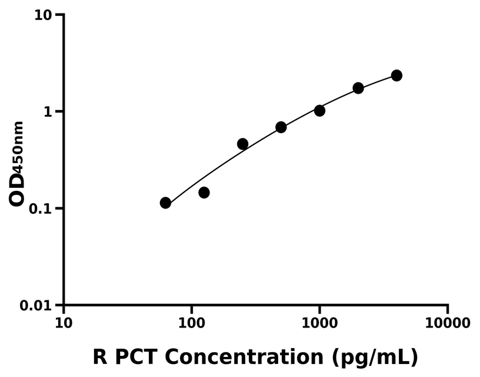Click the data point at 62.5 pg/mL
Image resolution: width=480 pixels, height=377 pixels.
click(165, 203)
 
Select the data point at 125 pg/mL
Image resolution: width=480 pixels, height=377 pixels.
click(204, 193)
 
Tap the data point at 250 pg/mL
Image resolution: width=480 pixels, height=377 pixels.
click(242, 144)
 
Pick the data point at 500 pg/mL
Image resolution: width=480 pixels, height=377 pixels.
click(281, 127)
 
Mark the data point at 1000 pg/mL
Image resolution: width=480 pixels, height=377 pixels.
click(319, 111)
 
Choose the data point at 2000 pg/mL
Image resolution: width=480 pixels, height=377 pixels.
click(358, 88)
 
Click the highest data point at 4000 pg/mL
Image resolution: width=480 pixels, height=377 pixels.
click(396, 75)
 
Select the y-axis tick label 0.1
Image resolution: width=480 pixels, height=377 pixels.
click(42, 209)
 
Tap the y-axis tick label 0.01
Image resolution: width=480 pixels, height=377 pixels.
click(38, 306)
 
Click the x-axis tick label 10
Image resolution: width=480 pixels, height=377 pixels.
click(64, 323)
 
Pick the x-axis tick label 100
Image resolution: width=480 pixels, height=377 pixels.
click(192, 323)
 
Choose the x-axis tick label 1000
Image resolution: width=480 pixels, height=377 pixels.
click(319, 323)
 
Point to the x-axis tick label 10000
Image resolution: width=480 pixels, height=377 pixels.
click(448, 323)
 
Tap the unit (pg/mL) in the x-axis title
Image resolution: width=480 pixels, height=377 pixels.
click(374, 357)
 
